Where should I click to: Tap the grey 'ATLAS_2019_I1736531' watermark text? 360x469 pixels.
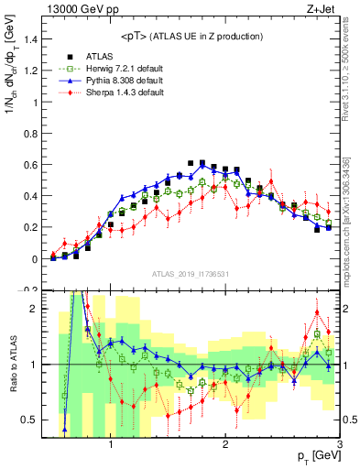click(191, 274)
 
